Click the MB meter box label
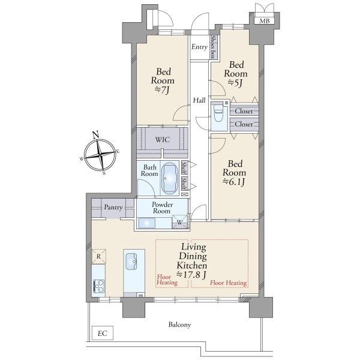pos(265,21)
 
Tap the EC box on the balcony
pos(103,333)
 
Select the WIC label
pos(163,140)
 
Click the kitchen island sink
pos(131,262)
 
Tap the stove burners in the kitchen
pos(99,286)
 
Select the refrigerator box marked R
pos(99,256)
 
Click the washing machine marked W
pos(180,222)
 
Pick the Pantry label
pos(113,208)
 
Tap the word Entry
pos(199,47)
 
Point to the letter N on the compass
pos(95,134)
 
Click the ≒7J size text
pos(162,90)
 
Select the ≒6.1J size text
pos(234,182)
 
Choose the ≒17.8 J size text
pos(191,275)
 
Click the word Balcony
pos(179,325)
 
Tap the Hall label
pos(199,100)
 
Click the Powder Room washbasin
pos(147,223)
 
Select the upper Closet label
pos(244,111)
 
